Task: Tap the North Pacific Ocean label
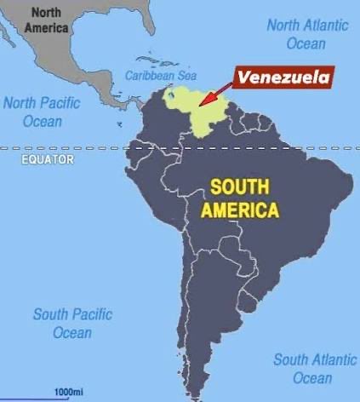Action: click(x=42, y=112)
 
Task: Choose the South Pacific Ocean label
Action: click(x=72, y=324)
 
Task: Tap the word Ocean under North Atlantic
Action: click(x=306, y=43)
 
